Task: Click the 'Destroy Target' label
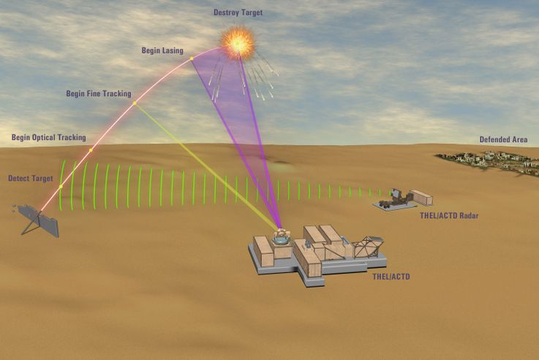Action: [238, 12]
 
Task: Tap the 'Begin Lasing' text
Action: [163, 50]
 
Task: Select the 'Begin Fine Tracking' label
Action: [99, 94]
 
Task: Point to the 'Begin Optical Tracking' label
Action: [48, 138]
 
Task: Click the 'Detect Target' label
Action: [29, 179]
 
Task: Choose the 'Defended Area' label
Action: [503, 139]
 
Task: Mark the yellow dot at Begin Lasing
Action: [192, 58]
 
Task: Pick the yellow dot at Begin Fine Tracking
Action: [135, 103]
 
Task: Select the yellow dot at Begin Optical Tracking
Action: [91, 150]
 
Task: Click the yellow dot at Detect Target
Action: [61, 187]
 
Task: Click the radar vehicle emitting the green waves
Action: [393, 197]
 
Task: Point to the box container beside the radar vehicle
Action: [421, 198]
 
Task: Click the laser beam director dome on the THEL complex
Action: [280, 236]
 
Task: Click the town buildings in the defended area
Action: [486, 160]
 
